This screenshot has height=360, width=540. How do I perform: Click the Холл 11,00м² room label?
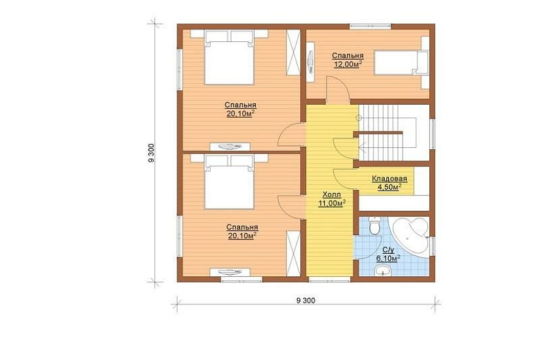pyautogui.click(x=332, y=199)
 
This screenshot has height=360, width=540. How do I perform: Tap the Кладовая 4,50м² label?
pyautogui.click(x=389, y=183)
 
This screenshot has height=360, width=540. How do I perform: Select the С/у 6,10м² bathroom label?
pyautogui.click(x=387, y=254)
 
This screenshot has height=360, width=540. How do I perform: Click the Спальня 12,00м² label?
pyautogui.click(x=348, y=60)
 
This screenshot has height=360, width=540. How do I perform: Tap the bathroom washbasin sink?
pyautogui.click(x=382, y=271)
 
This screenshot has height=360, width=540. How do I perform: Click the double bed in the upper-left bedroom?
pyautogui.click(x=229, y=57)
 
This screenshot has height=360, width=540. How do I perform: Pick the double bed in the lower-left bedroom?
pyautogui.click(x=229, y=181)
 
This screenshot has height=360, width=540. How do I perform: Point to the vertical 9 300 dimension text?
pyautogui.click(x=151, y=153)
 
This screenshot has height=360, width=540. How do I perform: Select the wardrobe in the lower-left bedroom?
pyautogui.click(x=293, y=253)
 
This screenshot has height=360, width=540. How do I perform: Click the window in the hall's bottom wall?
pyautogui.click(x=330, y=279)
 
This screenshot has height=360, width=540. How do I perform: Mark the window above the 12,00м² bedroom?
pyautogui.click(x=370, y=26)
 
